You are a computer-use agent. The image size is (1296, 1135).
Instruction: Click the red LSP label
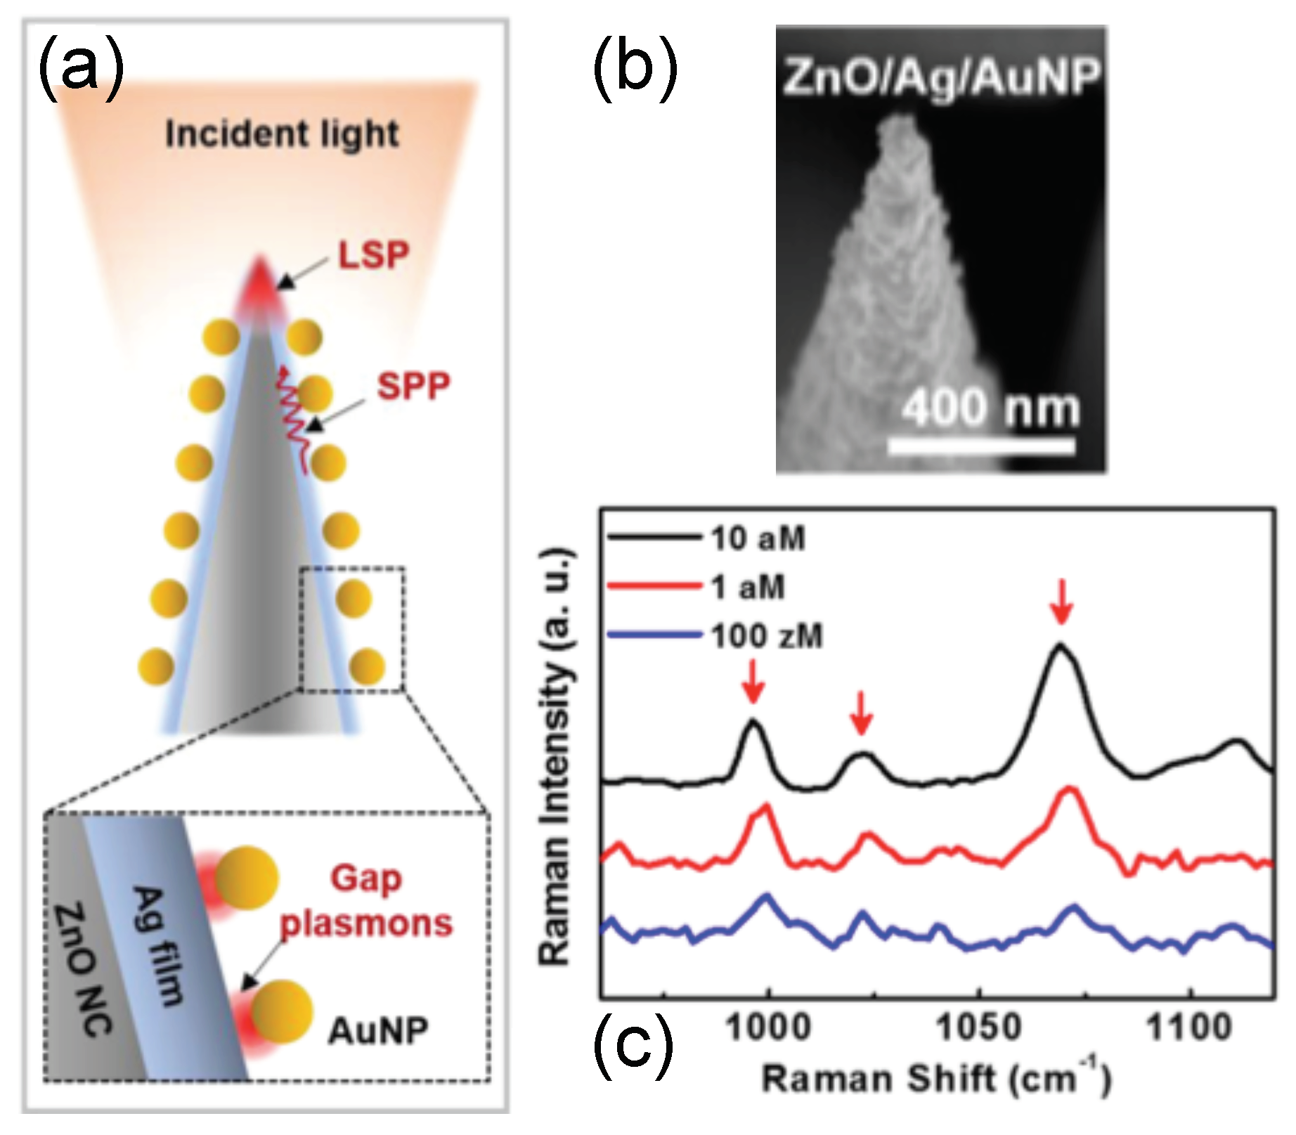[x=373, y=256]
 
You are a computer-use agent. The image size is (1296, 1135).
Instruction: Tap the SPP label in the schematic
[x=413, y=386]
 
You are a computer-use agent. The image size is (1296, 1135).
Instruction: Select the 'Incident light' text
[x=282, y=134]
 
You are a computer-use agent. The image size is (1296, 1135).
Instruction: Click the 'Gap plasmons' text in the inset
[x=366, y=902]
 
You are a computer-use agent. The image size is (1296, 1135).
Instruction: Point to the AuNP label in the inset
[x=378, y=1032]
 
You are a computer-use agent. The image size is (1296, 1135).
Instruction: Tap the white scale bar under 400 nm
[x=981, y=446]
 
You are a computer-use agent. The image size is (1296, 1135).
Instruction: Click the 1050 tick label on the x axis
[x=978, y=1028]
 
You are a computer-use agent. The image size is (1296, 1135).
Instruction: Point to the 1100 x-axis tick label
[x=1189, y=1028]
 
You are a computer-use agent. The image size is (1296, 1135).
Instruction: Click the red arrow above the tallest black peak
[x=1062, y=601]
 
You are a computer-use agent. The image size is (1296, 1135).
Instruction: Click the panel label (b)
[x=635, y=69]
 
